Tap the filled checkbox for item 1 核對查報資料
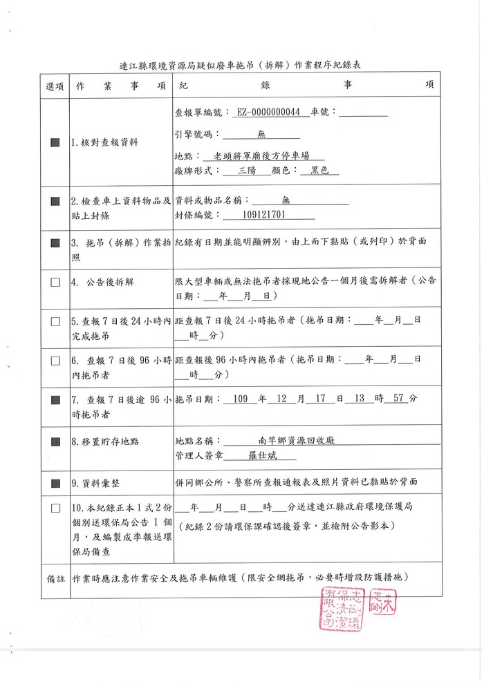click(x=55, y=142)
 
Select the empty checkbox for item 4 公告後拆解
click(x=55, y=283)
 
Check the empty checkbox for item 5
click(x=55, y=321)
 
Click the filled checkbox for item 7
click(x=55, y=399)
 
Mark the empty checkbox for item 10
click(x=55, y=508)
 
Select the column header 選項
click(x=55, y=85)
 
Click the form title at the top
click(x=241, y=65)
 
